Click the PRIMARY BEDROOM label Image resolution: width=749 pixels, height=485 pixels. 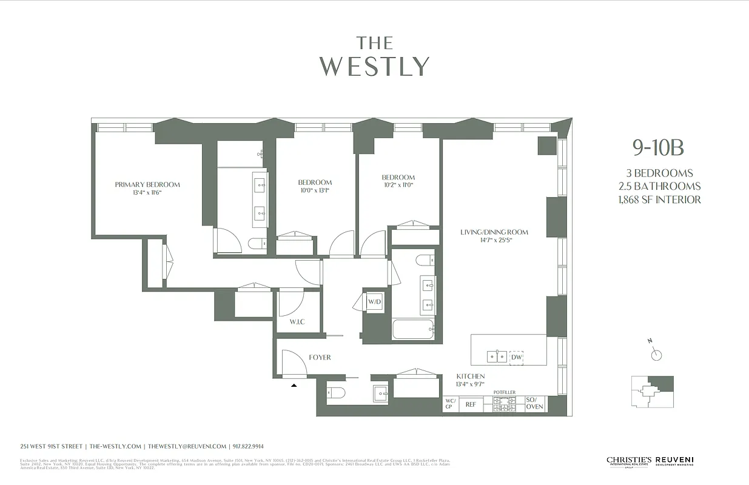click(x=147, y=184)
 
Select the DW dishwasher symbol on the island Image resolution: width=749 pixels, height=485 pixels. click(x=517, y=357)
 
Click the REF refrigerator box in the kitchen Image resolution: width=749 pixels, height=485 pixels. click(x=471, y=404)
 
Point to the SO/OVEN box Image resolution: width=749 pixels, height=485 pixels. click(x=534, y=404)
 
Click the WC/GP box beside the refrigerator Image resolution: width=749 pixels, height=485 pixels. click(x=450, y=404)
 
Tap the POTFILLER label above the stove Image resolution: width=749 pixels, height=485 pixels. click(x=504, y=392)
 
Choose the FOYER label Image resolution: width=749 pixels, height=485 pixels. click(x=320, y=357)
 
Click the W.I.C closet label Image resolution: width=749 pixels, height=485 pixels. click(x=297, y=321)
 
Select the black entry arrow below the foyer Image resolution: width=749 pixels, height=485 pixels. click(x=294, y=384)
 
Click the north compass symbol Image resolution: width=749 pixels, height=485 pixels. click(x=656, y=355)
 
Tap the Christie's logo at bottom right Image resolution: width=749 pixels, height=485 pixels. click(x=629, y=462)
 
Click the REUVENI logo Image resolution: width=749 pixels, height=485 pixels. click(x=674, y=462)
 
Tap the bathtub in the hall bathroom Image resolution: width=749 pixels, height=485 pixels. click(x=413, y=330)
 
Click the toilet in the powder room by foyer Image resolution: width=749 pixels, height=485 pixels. click(x=336, y=393)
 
